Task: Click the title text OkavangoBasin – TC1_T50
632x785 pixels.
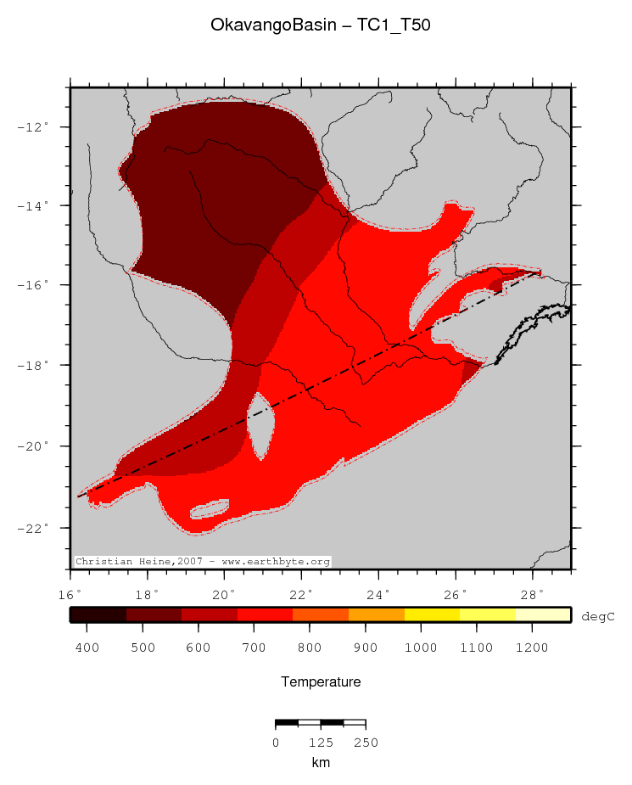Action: (x=321, y=26)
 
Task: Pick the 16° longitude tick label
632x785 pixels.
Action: (x=70, y=593)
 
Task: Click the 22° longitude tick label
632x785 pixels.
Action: (x=302, y=593)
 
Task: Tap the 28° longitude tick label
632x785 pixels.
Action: (x=533, y=593)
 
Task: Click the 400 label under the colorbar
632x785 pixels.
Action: (x=87, y=648)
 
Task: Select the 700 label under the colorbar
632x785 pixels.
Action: (x=255, y=648)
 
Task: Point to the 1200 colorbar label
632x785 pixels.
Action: (x=532, y=648)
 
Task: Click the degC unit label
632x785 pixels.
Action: (x=597, y=617)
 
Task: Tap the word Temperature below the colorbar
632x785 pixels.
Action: (x=321, y=682)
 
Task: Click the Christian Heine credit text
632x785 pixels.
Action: (x=203, y=562)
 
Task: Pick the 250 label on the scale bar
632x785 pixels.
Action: (x=365, y=743)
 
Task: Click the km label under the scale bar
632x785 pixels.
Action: (x=321, y=762)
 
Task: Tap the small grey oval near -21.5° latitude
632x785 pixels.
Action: (x=209, y=509)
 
